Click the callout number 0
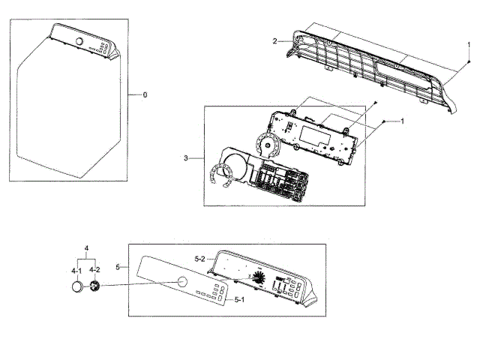tap(145, 95)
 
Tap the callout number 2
tap(275, 40)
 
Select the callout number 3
tap(185, 157)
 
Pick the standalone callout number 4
tap(86, 248)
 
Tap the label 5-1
tap(240, 300)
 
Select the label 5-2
tap(199, 258)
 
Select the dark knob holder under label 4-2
tap(95, 286)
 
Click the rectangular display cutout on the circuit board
tap(311, 136)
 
